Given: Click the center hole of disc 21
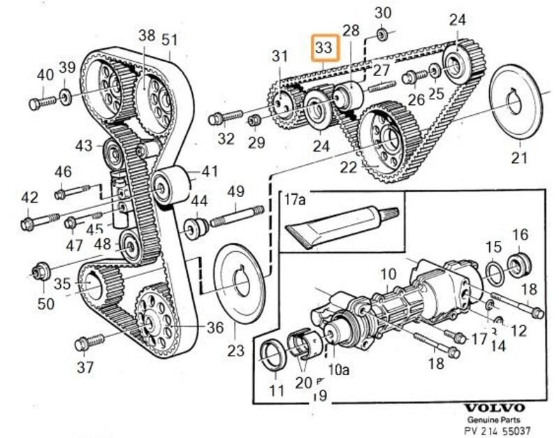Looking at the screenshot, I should pyautogui.click(x=516, y=105).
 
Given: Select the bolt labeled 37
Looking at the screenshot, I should pyautogui.click(x=88, y=342).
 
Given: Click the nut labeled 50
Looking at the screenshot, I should pyautogui.click(x=41, y=269).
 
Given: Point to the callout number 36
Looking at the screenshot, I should pyautogui.click(x=215, y=327).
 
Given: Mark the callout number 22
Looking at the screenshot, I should pyautogui.click(x=347, y=168).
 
